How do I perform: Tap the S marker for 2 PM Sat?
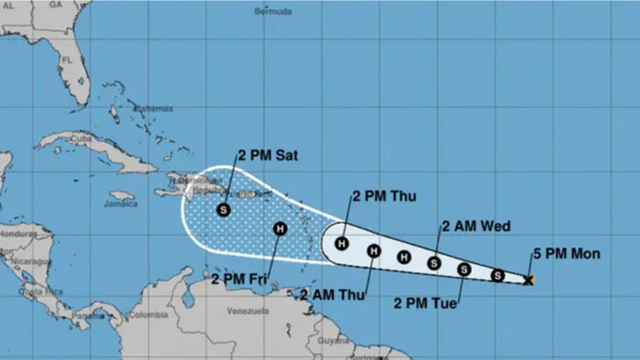coord(223,210)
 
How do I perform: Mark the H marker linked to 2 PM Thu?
coord(342,243)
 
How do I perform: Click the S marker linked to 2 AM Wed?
coord(434,263)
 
